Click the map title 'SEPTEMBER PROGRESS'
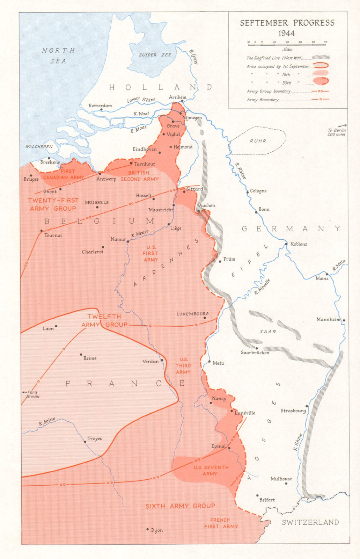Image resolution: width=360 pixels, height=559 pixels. tap(287, 23)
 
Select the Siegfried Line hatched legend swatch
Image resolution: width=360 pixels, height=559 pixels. tap(321, 57)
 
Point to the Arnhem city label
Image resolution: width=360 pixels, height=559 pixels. tap(177, 97)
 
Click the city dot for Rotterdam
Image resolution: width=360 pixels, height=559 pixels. tap(102, 109)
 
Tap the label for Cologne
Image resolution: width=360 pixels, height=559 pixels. tap(258, 191)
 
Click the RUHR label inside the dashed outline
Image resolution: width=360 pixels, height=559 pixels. tap(258, 141)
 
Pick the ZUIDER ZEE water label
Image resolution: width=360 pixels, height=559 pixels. tap(155, 55)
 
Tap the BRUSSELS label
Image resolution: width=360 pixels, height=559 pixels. tap(97, 202)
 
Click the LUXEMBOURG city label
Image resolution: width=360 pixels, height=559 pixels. tap(192, 314)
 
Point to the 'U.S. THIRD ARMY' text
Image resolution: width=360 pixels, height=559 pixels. tap(183, 365)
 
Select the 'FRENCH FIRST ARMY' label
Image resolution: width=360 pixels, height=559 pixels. tap(221, 523)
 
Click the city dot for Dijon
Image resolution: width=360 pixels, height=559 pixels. tap(148, 530)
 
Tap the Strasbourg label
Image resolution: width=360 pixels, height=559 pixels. tap(293, 411)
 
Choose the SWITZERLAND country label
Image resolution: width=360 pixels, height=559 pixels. tap(310, 522)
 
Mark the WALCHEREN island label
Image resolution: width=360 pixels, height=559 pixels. tap(39, 146)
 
